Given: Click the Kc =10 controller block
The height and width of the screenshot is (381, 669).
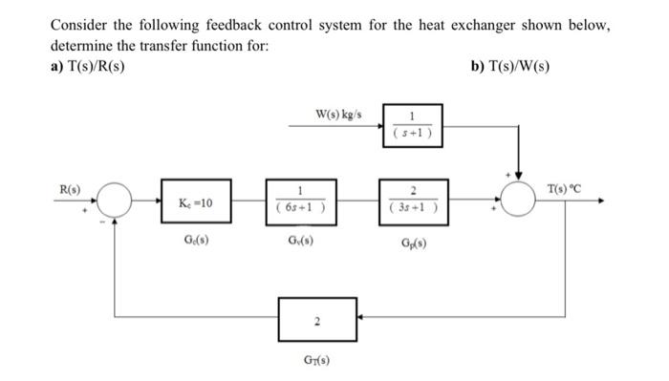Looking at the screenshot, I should pyautogui.click(x=196, y=202).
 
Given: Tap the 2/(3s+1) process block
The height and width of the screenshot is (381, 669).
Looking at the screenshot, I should pyautogui.click(x=414, y=202).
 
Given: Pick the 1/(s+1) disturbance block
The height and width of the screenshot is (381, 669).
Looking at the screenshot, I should pyautogui.click(x=415, y=127).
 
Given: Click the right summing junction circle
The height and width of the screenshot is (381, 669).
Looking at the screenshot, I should pyautogui.click(x=521, y=201).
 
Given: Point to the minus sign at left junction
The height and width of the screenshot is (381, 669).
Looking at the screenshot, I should pyautogui.click(x=104, y=222).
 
